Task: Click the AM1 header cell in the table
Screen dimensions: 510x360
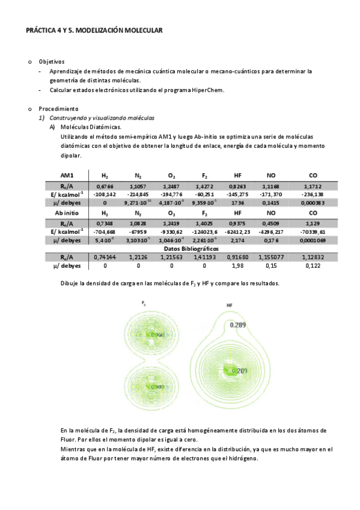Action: tap(67, 175)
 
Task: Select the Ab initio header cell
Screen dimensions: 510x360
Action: tap(67, 214)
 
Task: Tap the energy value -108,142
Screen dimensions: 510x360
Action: tap(105, 195)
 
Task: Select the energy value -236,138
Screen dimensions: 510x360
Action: tap(313, 195)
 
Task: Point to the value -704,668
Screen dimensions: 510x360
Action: tap(105, 232)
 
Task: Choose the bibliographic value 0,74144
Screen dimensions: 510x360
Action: tap(105, 257)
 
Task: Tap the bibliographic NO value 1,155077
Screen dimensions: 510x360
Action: tap(271, 257)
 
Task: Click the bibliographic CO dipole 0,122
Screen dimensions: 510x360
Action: tap(313, 265)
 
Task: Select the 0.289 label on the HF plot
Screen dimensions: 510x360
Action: tap(239, 325)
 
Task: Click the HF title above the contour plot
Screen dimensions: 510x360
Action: tap(230, 306)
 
